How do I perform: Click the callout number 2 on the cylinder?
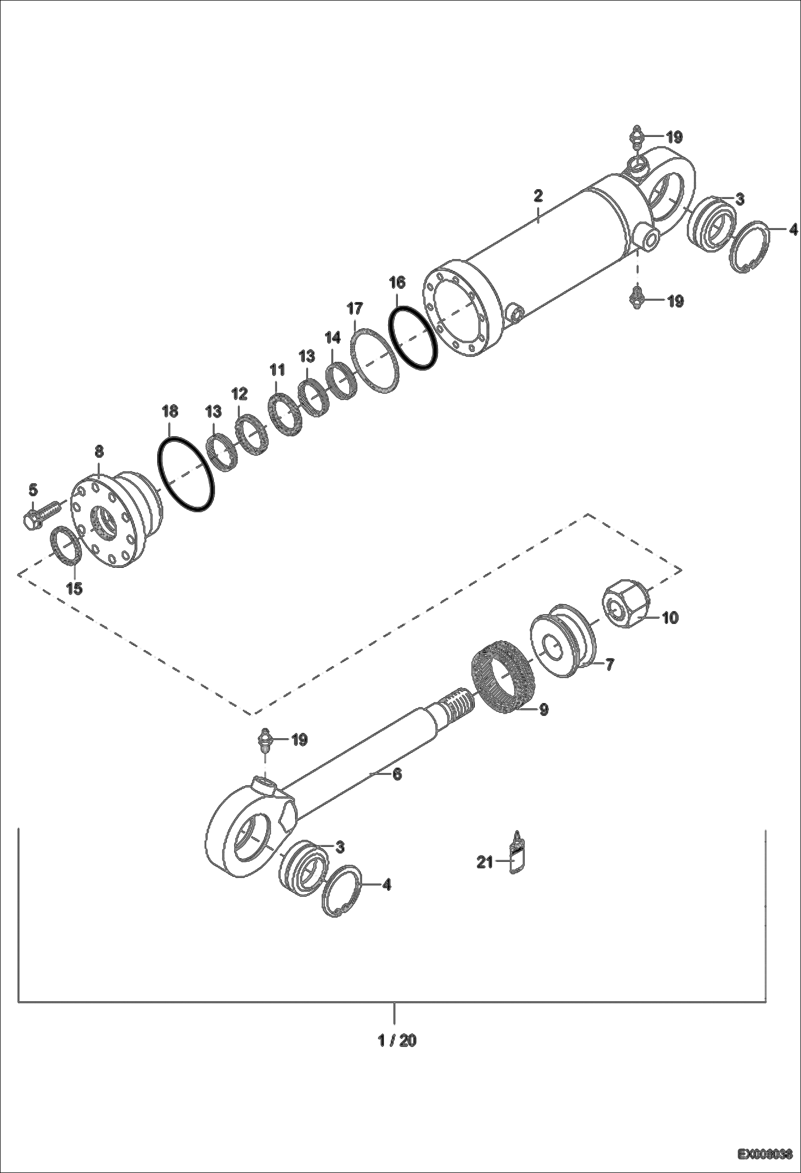pyautogui.click(x=538, y=195)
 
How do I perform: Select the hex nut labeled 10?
pyautogui.click(x=624, y=607)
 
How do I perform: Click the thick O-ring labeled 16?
pyautogui.click(x=414, y=338)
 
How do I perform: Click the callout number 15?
pyautogui.click(x=74, y=589)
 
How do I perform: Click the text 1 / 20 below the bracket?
pyautogui.click(x=397, y=1040)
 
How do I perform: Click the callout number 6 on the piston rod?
pyautogui.click(x=397, y=774)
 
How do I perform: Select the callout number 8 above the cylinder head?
pyautogui.click(x=99, y=451)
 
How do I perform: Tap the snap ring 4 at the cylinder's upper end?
pyautogui.click(x=750, y=248)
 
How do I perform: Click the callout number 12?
pyautogui.click(x=240, y=394)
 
